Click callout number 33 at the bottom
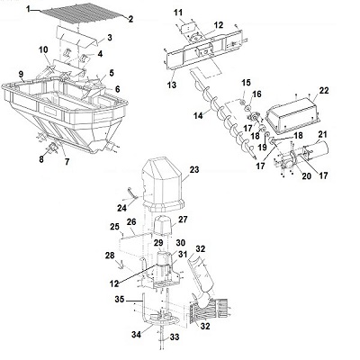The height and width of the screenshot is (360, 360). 175,337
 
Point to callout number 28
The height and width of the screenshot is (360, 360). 110,256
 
